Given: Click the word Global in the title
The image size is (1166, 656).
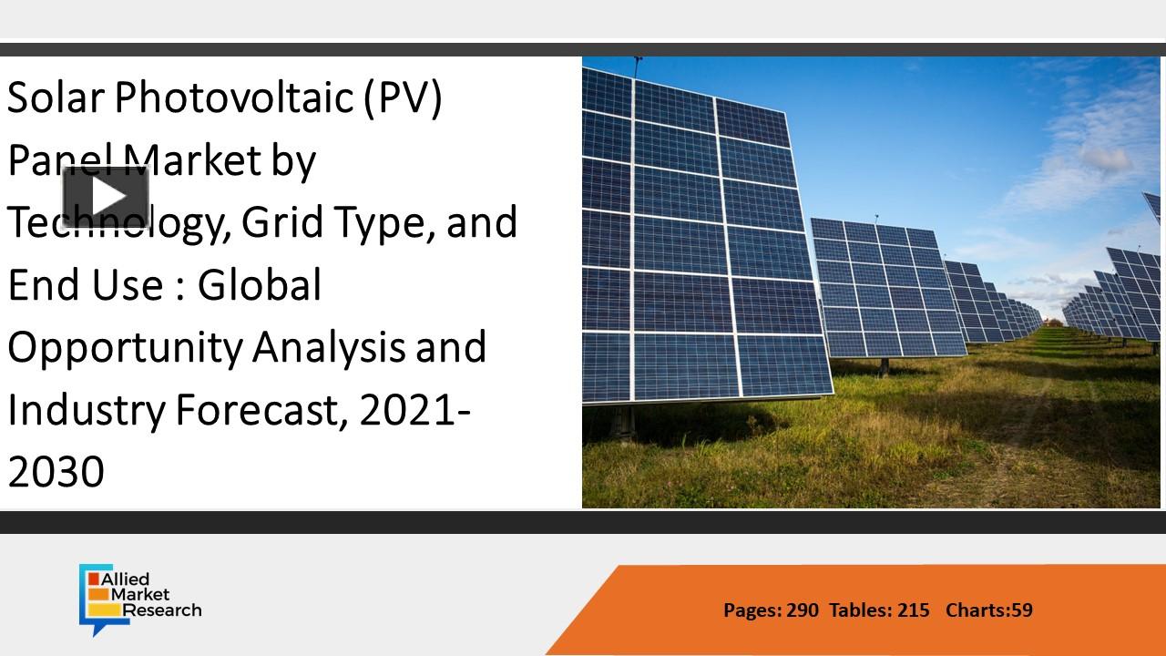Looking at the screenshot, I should (x=259, y=284).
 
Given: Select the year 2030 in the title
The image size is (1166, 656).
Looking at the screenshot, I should (x=56, y=472).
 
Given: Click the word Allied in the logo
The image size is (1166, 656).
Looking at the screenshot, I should (x=128, y=579).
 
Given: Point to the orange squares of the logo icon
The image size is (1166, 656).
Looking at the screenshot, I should (x=94, y=595).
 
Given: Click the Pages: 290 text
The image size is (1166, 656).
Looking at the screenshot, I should (x=771, y=610).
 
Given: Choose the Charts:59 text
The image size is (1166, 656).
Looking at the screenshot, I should (x=989, y=610).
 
